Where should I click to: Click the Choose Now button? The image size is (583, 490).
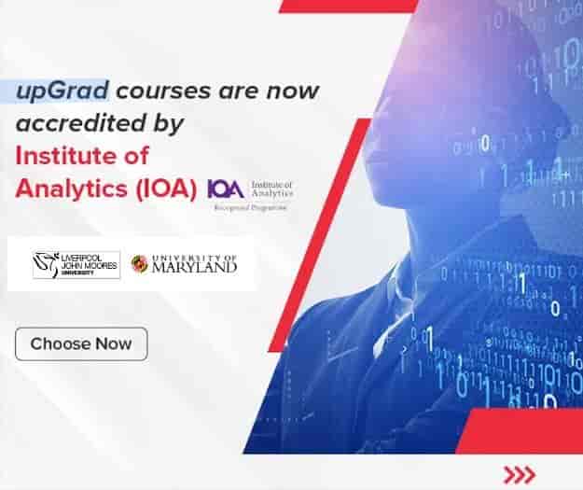click(x=81, y=343)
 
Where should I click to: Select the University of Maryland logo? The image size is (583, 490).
click(x=184, y=265)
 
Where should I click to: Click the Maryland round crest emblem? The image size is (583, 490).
click(x=139, y=265)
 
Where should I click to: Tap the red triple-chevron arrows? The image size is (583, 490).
click(x=518, y=472)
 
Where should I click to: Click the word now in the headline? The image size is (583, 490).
click(x=296, y=91)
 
